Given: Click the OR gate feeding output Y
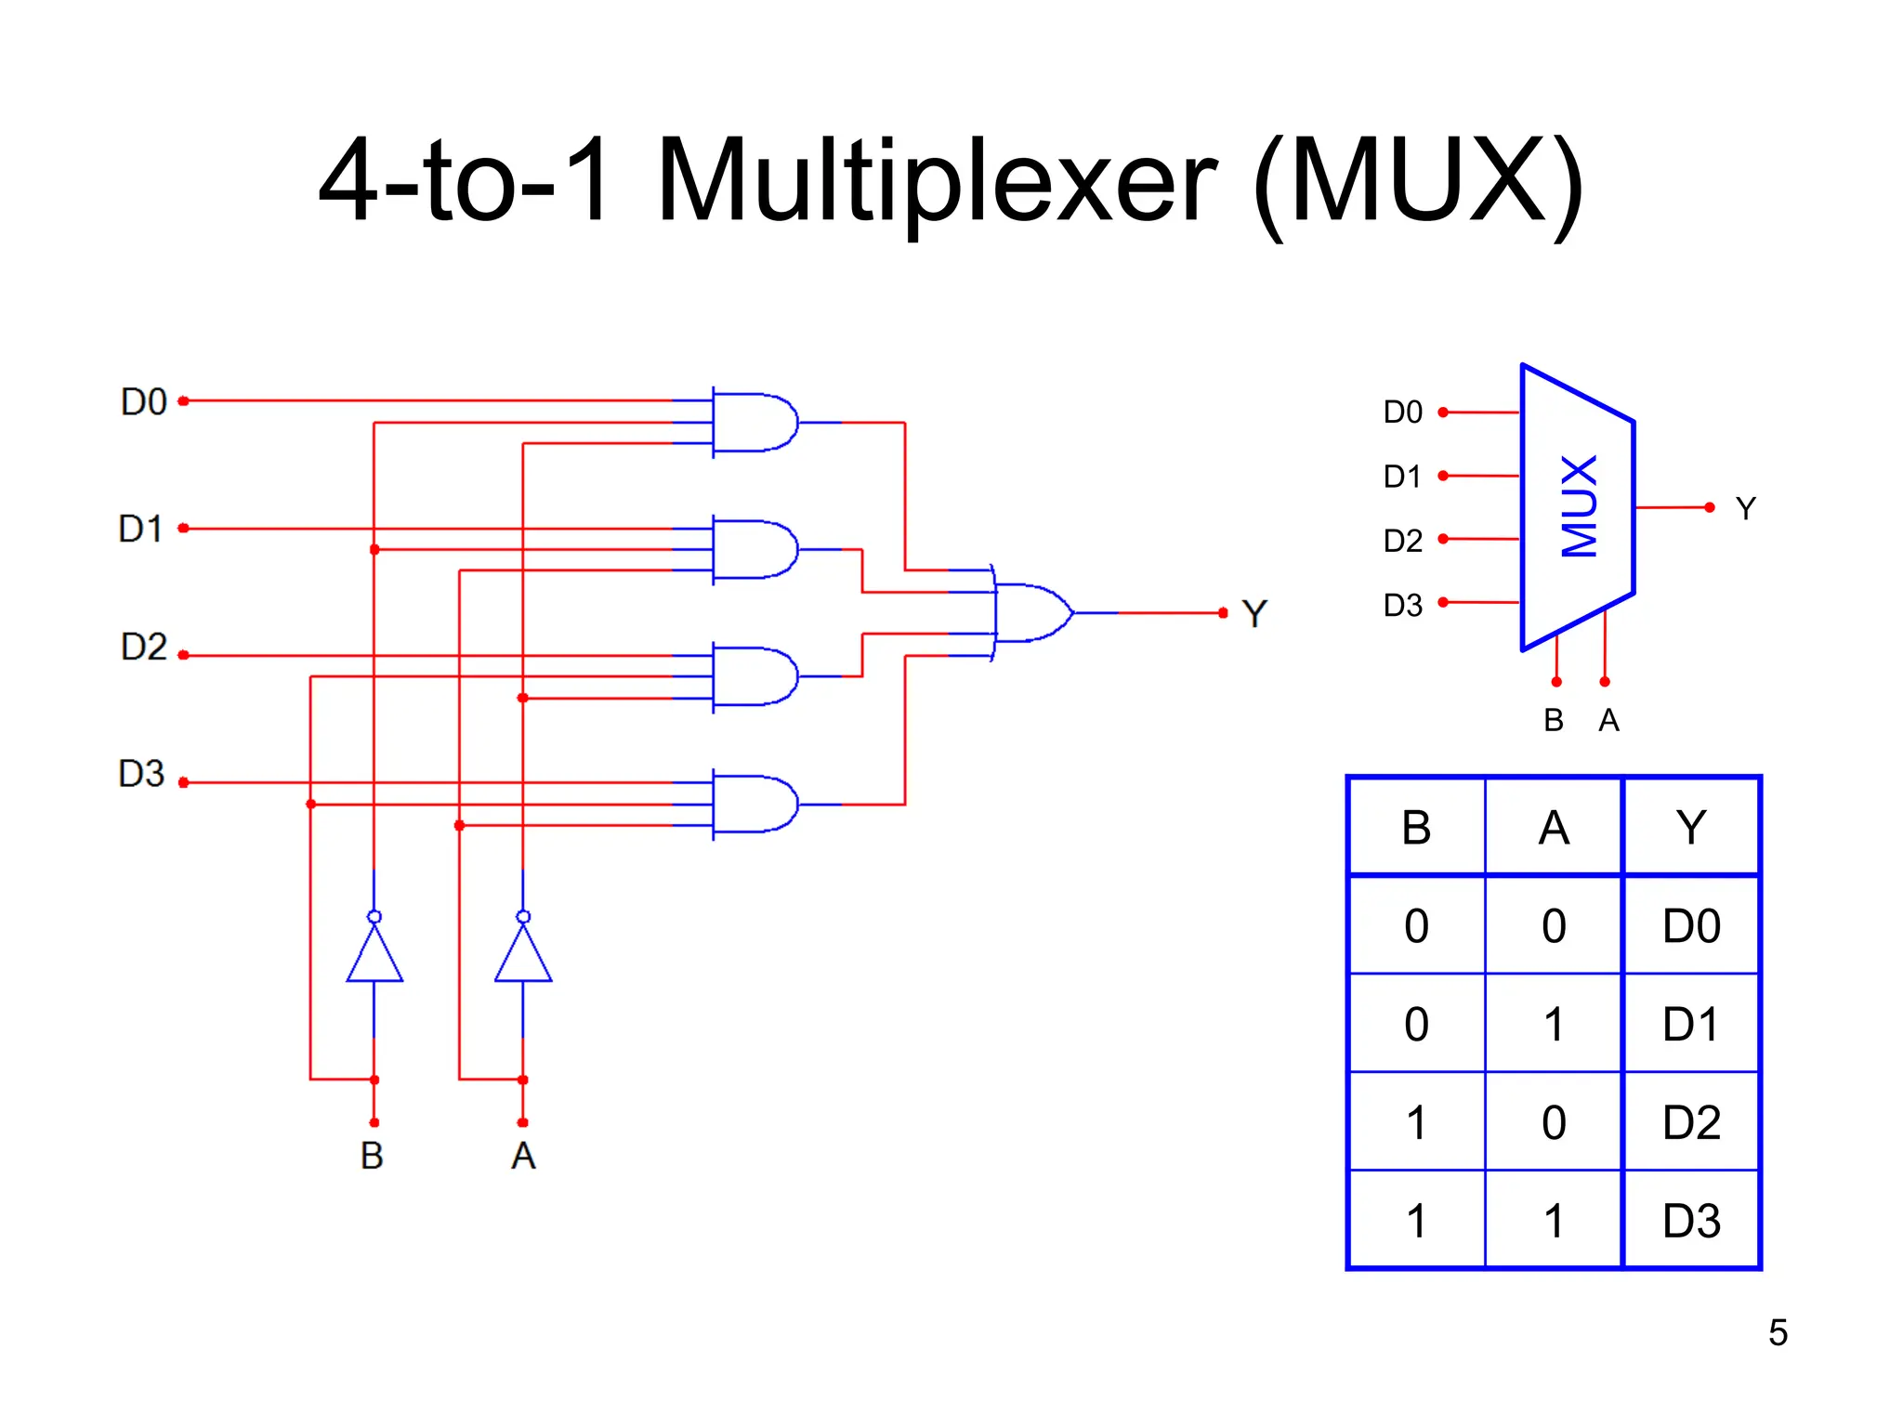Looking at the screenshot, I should tap(1031, 612).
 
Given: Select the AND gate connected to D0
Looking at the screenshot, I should tap(755, 423).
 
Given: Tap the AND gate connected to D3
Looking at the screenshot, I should tap(755, 804).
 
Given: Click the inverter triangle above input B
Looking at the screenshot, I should tap(374, 955).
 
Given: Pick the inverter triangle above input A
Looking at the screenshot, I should tap(523, 955).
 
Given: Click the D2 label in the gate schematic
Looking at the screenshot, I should tap(144, 647).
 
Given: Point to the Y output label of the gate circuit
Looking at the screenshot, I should tap(1254, 613).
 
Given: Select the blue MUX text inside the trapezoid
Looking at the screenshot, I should tap(1580, 506).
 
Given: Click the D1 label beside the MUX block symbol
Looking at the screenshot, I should tap(1402, 477).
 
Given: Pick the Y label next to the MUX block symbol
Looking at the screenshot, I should tap(1745, 508).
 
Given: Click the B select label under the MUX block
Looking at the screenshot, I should tap(1554, 720).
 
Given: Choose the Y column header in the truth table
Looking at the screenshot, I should tap(1691, 827).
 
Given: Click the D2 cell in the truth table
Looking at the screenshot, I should tap(1691, 1122).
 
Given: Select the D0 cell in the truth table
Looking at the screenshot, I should tap(1691, 926).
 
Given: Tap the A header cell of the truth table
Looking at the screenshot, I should tap(1554, 827).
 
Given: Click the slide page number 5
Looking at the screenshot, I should tap(1778, 1332).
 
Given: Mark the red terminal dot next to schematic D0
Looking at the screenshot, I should tap(184, 401).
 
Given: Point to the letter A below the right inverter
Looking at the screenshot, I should tap(523, 1156).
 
